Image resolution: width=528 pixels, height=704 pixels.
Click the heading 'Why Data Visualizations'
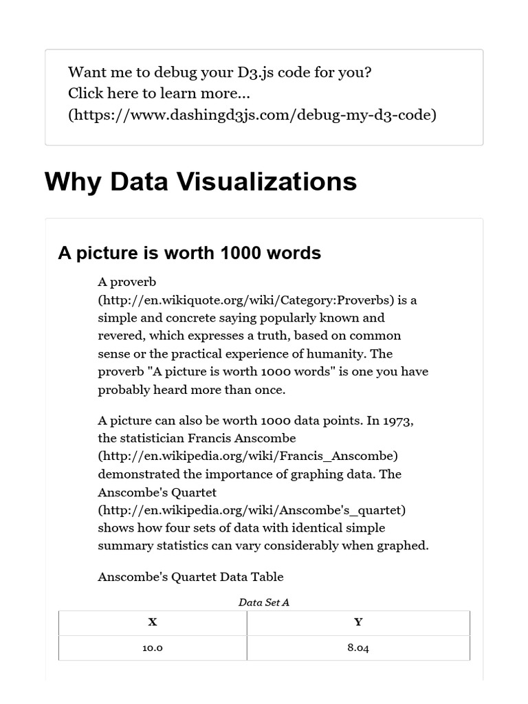[x=200, y=182]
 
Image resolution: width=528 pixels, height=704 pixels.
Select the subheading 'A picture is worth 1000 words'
[x=189, y=253]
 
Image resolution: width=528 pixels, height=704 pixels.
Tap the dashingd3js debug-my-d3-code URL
[x=252, y=115]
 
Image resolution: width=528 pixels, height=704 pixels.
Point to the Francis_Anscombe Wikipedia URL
[x=248, y=456]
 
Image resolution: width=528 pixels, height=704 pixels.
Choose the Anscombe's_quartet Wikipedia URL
[x=252, y=510]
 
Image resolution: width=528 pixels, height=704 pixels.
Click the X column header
[x=153, y=622]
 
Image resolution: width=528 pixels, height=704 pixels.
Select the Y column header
[x=358, y=622]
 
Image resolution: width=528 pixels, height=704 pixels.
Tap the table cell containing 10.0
[x=153, y=648]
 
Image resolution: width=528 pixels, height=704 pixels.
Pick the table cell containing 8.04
[x=358, y=648]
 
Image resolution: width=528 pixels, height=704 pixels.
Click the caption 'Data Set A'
[x=264, y=602]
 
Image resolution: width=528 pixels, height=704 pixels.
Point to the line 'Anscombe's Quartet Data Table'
[x=190, y=577]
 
